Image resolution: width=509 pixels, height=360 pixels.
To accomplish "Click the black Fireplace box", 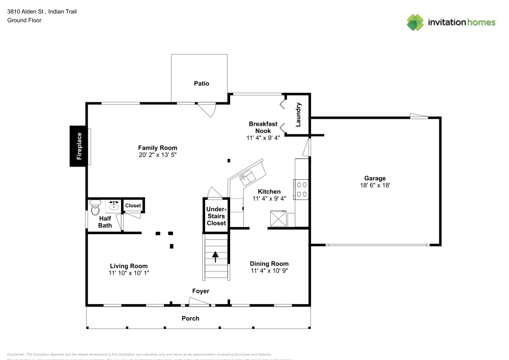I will (79, 146).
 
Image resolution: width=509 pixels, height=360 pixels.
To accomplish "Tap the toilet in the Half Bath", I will (95, 208).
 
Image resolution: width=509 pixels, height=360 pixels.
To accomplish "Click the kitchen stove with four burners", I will (301, 189).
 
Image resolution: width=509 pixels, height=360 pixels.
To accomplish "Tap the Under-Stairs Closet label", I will (216, 216).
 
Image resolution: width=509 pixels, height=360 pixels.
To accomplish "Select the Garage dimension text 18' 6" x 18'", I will (375, 186).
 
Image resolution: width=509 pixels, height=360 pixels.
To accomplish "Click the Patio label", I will (202, 84).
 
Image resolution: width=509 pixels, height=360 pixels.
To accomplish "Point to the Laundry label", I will (299, 115).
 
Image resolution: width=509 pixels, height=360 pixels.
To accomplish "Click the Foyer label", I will (201, 291).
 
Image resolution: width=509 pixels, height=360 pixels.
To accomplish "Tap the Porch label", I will (190, 318).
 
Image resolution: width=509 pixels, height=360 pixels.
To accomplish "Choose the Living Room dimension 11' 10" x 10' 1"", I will (129, 273).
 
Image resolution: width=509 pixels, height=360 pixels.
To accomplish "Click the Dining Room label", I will (269, 264).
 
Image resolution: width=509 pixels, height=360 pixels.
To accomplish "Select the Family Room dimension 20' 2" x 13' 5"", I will (157, 155).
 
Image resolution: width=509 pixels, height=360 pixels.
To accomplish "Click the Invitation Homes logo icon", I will (415, 22).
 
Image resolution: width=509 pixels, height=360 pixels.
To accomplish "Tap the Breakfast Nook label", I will (263, 127).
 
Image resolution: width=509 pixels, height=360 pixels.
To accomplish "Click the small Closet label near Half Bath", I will (133, 206).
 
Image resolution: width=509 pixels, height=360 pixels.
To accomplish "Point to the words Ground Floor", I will (24, 20).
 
